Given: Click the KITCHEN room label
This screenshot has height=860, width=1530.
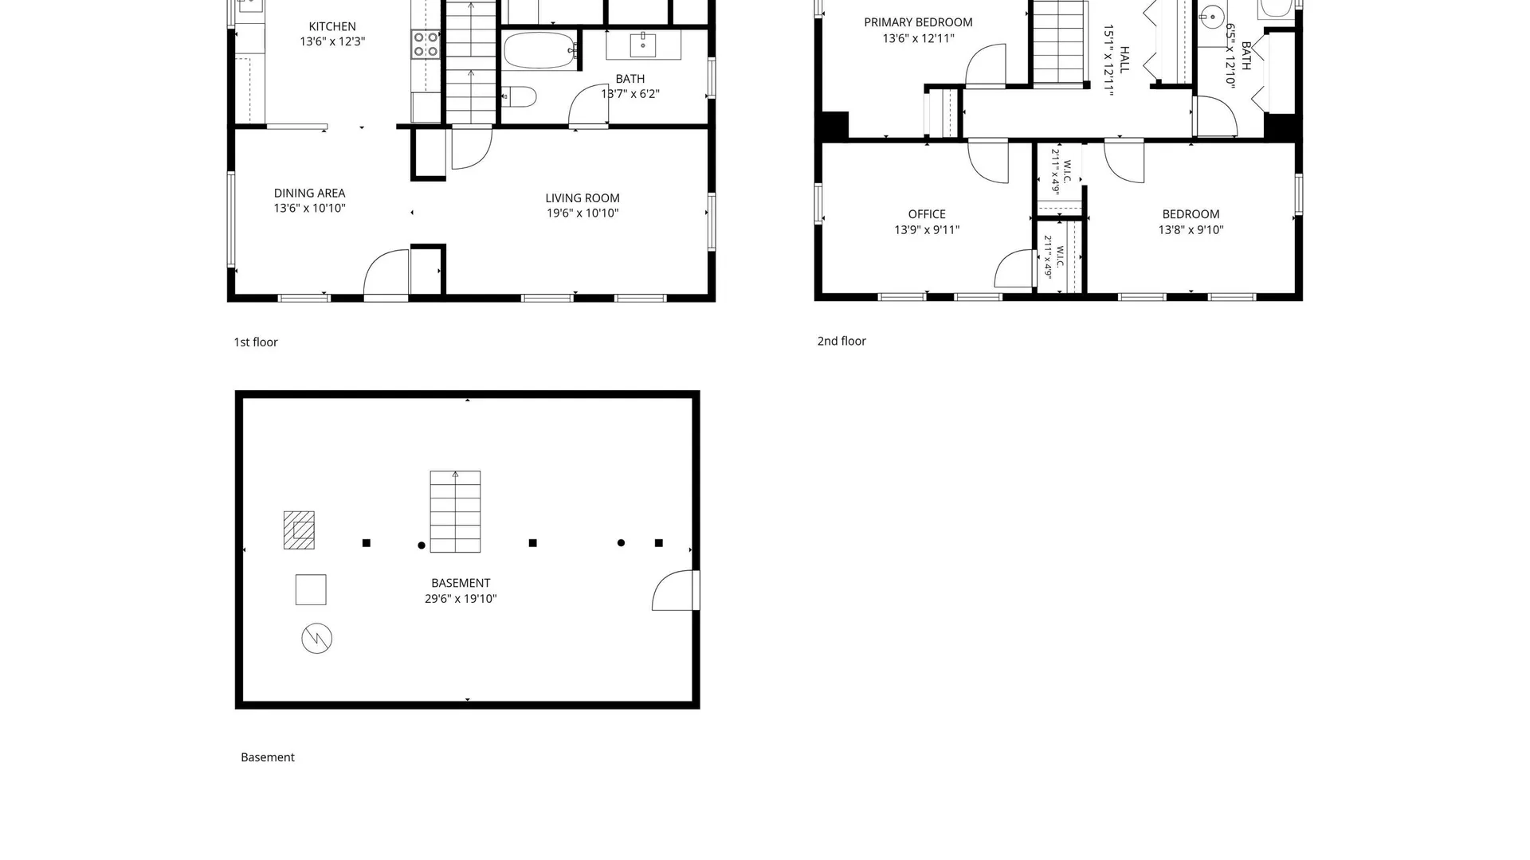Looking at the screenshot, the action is tap(332, 26).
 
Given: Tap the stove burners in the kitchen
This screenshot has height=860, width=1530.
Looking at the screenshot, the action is tap(426, 45).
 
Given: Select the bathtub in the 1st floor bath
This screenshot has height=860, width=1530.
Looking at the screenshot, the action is tap(539, 50).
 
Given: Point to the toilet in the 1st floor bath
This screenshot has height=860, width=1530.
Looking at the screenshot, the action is tap(520, 97).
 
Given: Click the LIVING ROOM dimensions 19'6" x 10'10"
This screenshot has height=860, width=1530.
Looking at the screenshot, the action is tap(583, 213).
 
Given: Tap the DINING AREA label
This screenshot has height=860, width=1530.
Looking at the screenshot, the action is tap(309, 193).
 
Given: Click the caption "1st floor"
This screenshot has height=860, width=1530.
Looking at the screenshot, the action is tap(256, 342).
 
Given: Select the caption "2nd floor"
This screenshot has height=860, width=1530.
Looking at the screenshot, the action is tap(841, 341).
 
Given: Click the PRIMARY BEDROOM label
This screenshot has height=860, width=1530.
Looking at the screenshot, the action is tap(918, 22).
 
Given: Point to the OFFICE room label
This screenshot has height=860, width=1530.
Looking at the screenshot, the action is tap(927, 214).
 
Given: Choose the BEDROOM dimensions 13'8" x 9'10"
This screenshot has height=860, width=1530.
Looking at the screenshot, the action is tap(1191, 230).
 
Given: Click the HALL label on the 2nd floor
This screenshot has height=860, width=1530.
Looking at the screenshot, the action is tap(1125, 60).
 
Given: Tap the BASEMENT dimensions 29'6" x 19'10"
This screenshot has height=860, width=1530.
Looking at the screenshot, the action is tap(461, 599).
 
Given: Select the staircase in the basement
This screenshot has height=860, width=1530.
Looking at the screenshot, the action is tap(455, 511).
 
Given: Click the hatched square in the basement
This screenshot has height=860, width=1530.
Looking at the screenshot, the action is tap(299, 530).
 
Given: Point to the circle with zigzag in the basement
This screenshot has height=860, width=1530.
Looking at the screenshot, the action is tap(316, 639).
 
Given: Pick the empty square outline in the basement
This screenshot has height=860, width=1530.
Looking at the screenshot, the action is tap(311, 590).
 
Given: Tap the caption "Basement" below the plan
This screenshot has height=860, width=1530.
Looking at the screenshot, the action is tap(268, 757).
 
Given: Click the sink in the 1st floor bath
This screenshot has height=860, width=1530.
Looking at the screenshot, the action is tap(643, 45).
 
